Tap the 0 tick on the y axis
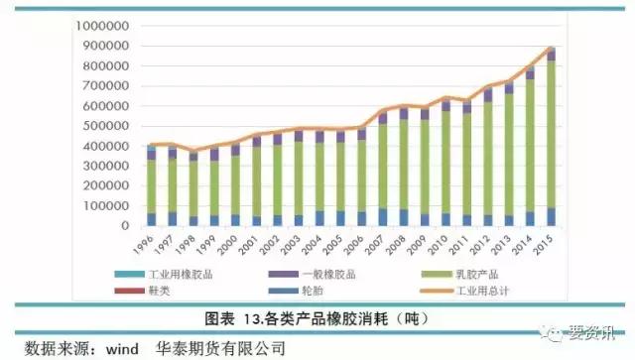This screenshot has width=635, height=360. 126,226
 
